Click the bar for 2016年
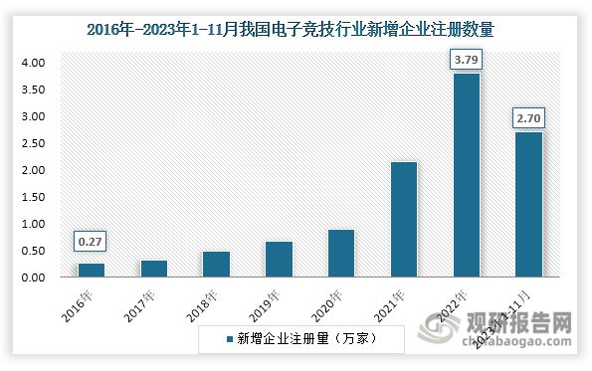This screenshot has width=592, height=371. [92, 270]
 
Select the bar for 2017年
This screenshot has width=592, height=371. [154, 269]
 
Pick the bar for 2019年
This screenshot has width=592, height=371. [279, 259]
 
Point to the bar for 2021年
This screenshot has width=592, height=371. [404, 219]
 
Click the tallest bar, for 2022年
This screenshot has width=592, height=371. [467, 175]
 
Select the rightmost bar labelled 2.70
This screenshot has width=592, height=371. [529, 204]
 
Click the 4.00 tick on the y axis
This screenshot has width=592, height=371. [33, 63]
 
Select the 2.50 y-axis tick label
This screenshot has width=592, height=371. [33, 143]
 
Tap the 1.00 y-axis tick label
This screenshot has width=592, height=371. [33, 224]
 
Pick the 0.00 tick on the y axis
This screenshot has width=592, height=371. [33, 278]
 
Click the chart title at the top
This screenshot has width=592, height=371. [296, 30]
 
